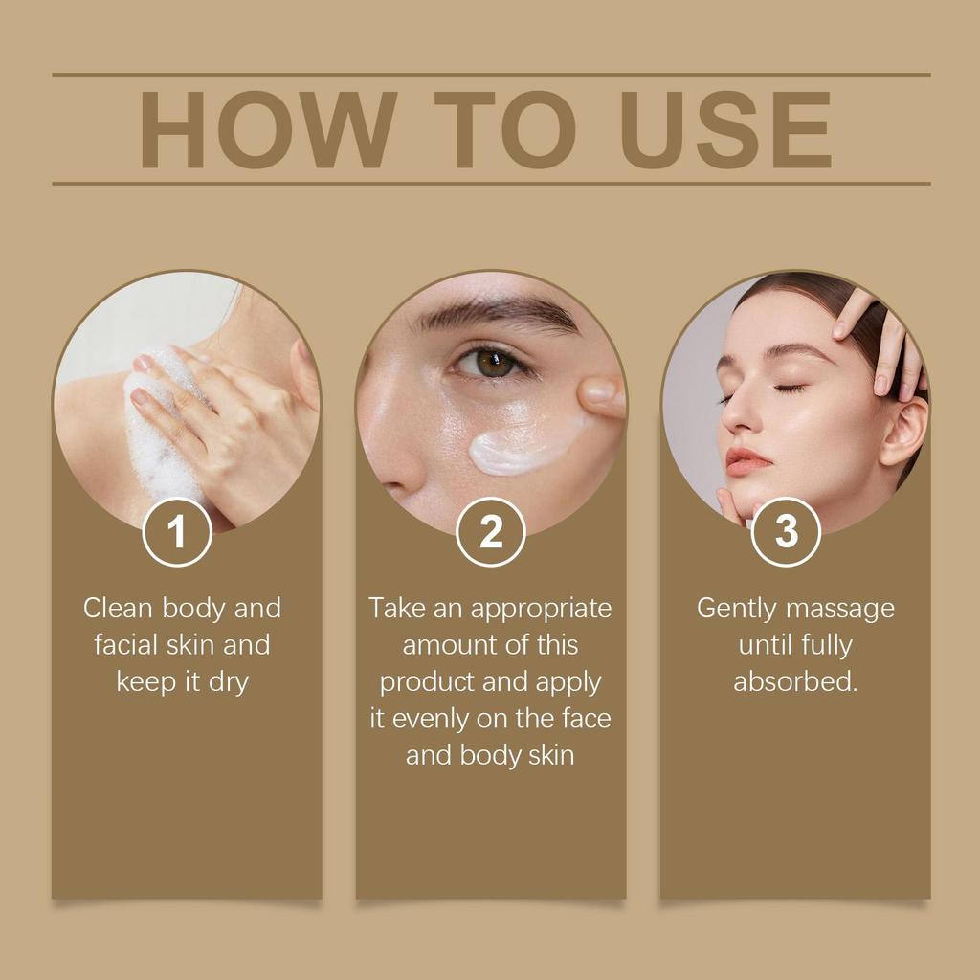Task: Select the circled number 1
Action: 177,532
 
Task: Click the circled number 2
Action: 491,532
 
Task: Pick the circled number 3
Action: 786,532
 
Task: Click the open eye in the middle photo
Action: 491,363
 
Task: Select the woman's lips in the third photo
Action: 746,460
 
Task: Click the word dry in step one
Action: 228,682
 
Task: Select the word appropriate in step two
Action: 541,609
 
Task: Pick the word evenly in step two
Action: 438,719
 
